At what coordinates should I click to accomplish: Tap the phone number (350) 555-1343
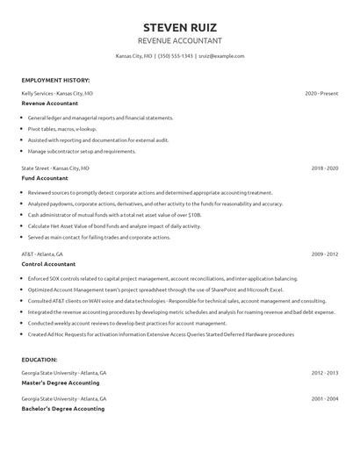pyautogui.click(x=176, y=55)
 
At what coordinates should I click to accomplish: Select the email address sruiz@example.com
pyautogui.click(x=221, y=55)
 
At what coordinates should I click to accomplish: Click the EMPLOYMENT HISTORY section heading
pyautogui.click(x=54, y=80)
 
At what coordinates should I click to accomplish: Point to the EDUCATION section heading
pyautogui.click(x=40, y=360)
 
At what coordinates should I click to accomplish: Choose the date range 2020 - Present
pyautogui.click(x=322, y=93)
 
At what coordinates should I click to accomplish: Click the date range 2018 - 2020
pyautogui.click(x=325, y=168)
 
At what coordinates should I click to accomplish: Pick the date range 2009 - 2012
pyautogui.click(x=325, y=254)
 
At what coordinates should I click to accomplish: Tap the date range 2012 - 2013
pyautogui.click(x=325, y=373)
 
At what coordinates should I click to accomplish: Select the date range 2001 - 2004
pyautogui.click(x=325, y=398)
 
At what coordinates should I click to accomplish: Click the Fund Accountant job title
pyautogui.click(x=46, y=178)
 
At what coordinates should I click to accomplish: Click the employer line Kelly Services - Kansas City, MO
pyautogui.click(x=57, y=93)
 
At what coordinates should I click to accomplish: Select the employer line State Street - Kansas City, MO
pyautogui.click(x=55, y=168)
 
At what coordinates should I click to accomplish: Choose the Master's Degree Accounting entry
pyautogui.click(x=62, y=383)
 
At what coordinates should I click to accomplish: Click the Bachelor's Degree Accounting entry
pyautogui.click(x=63, y=409)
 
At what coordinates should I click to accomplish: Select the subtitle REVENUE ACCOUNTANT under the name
pyautogui.click(x=180, y=40)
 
